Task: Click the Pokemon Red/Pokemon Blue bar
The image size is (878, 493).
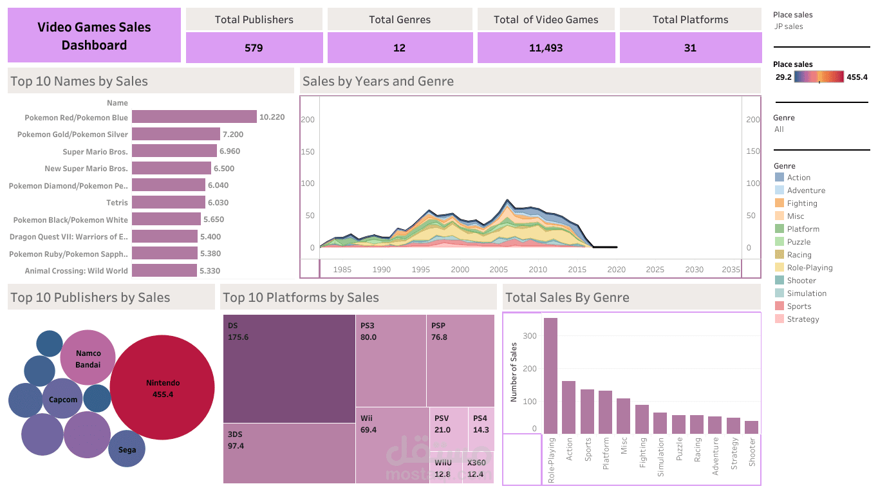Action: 194,117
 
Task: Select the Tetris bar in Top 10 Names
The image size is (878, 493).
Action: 169,202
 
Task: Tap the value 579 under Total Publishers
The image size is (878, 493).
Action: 254,48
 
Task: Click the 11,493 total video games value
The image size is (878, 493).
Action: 545,48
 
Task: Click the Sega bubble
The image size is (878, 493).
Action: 127,449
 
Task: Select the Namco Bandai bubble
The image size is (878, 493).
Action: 88,358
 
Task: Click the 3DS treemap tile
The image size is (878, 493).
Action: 289,453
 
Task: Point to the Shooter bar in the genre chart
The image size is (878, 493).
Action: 751,427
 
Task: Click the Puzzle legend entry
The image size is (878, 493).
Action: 798,242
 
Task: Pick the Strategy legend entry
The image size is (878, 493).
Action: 802,319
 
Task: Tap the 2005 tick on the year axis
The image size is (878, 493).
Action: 499,270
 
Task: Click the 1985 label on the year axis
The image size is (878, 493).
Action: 342,270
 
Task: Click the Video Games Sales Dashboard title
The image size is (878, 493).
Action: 94,36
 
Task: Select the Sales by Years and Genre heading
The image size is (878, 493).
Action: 378,82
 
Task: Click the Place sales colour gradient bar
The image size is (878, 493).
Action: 819,77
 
